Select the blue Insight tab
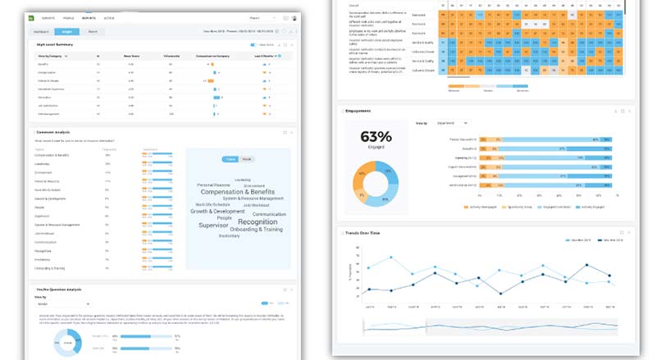pyautogui.click(x=67, y=30)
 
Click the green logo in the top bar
pyautogui.click(x=33, y=16)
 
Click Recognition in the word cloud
pyautogui.click(x=257, y=221)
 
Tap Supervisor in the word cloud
pyautogui.click(x=212, y=225)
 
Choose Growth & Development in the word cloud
pyautogui.click(x=216, y=211)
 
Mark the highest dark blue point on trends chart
pyautogui.click(x=585, y=265)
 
